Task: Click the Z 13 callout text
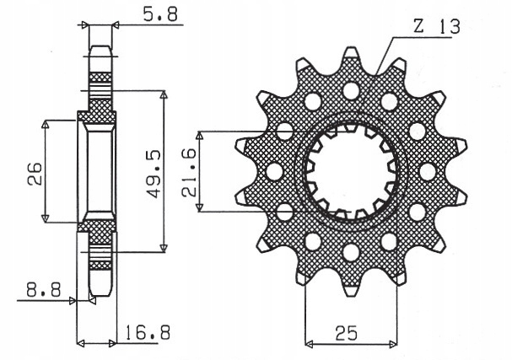[436, 27]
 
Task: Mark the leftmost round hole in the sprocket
[273, 171]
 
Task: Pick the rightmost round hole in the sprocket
[426, 171]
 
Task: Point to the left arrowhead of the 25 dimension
[309, 344]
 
